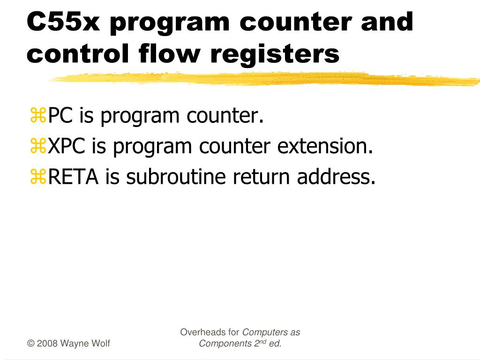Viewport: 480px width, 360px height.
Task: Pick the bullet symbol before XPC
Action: (37, 147)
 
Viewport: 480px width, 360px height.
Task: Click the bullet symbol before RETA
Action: (37, 177)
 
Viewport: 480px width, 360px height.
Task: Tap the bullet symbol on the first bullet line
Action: (37, 116)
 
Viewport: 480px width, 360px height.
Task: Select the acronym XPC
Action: (67, 147)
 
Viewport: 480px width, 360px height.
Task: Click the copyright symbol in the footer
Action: (30, 344)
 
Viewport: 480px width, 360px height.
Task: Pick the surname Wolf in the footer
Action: (101, 344)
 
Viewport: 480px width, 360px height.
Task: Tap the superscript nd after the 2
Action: (263, 341)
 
